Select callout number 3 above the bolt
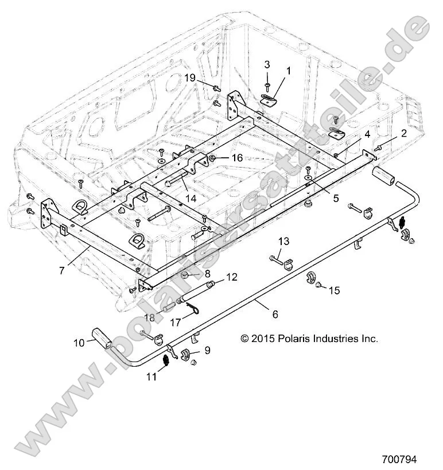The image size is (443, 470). pos(267,64)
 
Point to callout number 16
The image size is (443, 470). pos(237,158)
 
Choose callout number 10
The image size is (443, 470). pos(77,343)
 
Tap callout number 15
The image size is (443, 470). pos(334,290)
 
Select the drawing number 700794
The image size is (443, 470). pos(399,460)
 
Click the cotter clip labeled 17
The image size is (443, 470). pos(195,310)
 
